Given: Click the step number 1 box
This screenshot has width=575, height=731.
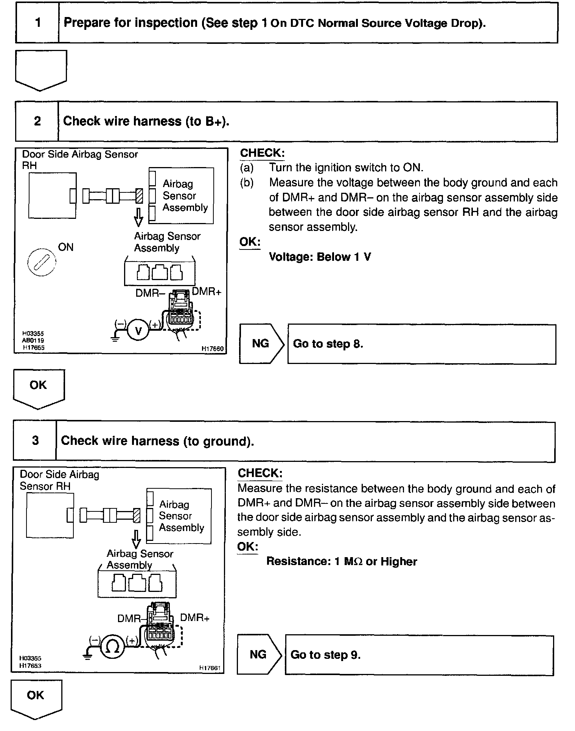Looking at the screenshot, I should click(37, 23).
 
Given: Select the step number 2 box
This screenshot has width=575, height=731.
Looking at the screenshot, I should click(37, 121).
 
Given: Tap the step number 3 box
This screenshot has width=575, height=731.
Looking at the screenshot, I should click(35, 441).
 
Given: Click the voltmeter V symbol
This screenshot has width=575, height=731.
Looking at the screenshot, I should click(138, 331).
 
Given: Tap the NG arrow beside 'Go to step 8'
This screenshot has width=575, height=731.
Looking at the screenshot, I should click(261, 344).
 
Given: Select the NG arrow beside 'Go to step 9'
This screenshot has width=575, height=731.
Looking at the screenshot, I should click(258, 654).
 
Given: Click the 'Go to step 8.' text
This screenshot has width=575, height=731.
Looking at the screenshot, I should click(328, 344).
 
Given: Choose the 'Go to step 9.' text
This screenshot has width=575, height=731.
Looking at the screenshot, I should click(325, 655).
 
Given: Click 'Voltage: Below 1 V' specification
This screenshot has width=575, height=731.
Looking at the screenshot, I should click(320, 257).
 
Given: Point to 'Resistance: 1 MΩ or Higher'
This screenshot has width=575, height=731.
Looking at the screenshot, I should click(341, 561).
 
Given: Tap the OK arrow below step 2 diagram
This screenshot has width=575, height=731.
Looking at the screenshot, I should click(39, 388).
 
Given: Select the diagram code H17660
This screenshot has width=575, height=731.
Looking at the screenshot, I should click(213, 349).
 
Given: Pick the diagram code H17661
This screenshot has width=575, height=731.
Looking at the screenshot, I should click(210, 668).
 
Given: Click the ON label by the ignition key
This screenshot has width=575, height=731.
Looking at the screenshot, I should click(66, 247).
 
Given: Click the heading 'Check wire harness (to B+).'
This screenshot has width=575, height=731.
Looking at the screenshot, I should click(146, 121).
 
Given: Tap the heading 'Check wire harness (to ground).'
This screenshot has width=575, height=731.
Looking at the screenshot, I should click(157, 441).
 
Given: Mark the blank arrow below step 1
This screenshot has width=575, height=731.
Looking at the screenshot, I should click(41, 69).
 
